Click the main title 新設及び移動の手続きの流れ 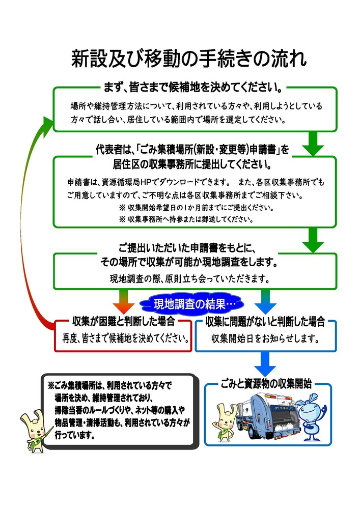pyautogui.click(x=188, y=60)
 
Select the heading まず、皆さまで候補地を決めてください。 pyautogui.click(x=193, y=88)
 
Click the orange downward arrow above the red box pyautogui.click(x=123, y=301)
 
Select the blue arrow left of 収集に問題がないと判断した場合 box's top pyautogui.click(x=264, y=301)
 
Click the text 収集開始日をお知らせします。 pyautogui.click(x=265, y=337)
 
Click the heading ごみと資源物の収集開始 pyautogui.click(x=267, y=384)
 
